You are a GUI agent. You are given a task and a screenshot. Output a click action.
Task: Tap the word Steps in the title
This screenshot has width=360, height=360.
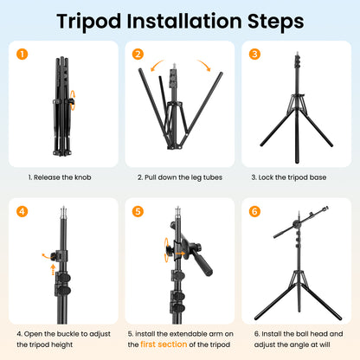click(276, 20)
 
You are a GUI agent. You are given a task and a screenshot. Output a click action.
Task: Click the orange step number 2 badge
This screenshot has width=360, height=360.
click(137, 55)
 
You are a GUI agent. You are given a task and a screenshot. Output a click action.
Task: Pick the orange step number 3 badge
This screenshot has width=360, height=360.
click(254, 55)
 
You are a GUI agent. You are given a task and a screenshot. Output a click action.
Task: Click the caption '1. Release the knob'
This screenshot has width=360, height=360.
click(61, 177)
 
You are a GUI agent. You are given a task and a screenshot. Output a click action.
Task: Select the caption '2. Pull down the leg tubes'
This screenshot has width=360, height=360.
click(179, 177)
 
